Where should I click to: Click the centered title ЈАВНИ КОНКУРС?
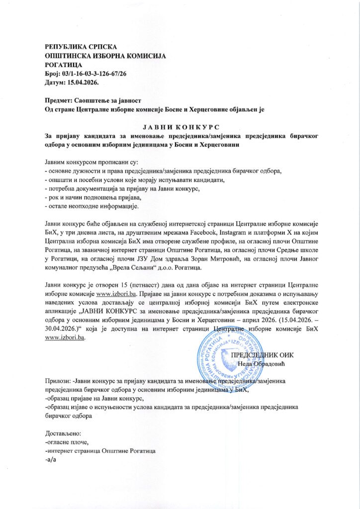(x=180, y=127)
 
